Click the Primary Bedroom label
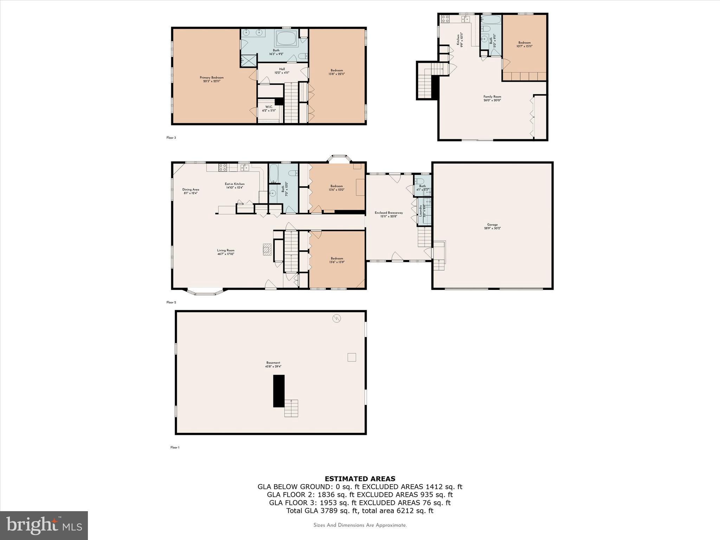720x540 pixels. (212, 79)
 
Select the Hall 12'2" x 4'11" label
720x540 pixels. (282, 71)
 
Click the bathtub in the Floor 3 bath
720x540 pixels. (287, 38)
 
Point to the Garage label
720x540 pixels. (492, 226)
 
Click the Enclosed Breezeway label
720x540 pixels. (388, 214)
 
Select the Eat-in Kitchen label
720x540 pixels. (234, 186)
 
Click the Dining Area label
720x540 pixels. (191, 191)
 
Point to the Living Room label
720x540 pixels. (226, 252)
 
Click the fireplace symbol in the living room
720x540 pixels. (267, 249)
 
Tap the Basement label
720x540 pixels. (273, 365)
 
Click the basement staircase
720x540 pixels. (291, 408)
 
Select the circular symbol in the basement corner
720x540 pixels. (337, 319)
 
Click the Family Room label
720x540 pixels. (492, 98)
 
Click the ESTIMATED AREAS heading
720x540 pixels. (360, 478)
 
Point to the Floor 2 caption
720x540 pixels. (171, 302)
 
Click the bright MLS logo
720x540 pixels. (44, 526)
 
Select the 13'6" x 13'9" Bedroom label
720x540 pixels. (337, 260)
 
